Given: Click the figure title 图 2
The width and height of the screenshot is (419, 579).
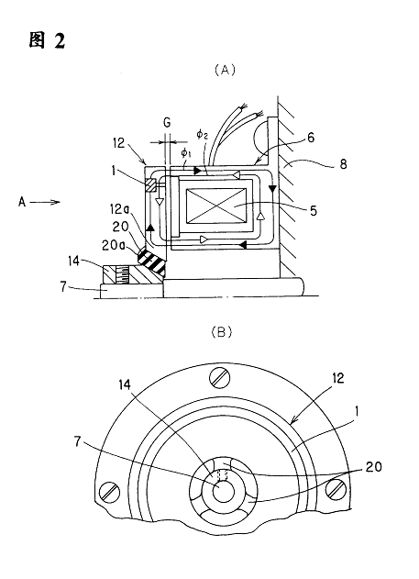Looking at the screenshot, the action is (47, 40).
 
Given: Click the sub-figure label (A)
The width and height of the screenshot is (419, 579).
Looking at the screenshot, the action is (225, 70).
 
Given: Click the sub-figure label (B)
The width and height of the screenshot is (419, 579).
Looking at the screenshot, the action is (221, 332).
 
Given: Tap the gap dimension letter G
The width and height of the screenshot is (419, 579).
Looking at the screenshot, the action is (167, 123).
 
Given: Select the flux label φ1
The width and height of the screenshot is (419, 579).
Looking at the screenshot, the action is (185, 152).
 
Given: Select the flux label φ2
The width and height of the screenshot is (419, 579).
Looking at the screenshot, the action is (202, 135).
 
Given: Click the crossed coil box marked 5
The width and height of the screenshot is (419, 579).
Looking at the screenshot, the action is (216, 206).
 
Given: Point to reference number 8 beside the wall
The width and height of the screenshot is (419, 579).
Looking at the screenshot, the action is (343, 163).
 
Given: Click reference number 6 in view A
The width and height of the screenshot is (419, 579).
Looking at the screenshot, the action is (311, 138).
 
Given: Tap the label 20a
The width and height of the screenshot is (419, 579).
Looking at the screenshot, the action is (111, 245).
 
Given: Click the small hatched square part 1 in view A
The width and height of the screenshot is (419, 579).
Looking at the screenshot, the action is (151, 185).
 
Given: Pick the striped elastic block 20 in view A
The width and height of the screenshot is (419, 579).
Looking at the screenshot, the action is (151, 262).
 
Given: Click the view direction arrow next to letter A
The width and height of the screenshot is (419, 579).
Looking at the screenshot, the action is (45, 202).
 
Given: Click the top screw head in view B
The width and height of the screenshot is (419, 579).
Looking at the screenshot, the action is (220, 377).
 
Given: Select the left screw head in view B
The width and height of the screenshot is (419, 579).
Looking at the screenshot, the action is (110, 492).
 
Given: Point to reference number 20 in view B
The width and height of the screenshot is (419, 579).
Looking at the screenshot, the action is (373, 467).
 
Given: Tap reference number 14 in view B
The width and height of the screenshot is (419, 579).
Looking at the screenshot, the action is (125, 384).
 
